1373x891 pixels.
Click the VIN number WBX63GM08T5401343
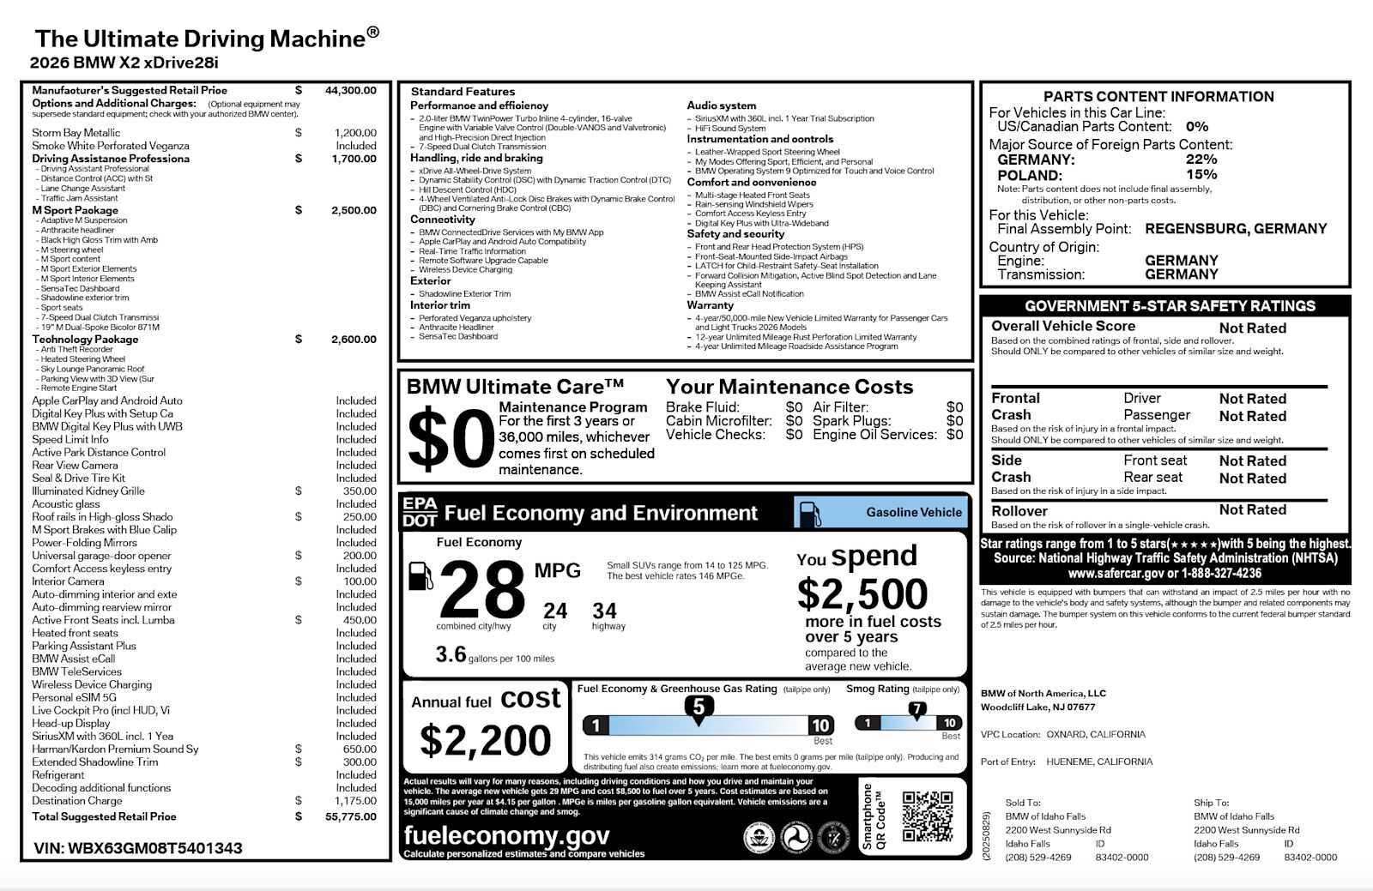[x=138, y=848]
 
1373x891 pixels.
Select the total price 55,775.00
[x=350, y=816]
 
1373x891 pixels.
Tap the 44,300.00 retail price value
[x=350, y=90]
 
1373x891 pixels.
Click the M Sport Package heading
[x=76, y=210]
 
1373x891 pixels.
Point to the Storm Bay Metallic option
[x=76, y=133]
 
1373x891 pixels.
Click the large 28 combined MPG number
[x=482, y=589]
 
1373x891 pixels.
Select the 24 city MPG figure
[x=554, y=611]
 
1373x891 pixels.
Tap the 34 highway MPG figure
[x=604, y=611]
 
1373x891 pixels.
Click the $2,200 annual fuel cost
[x=485, y=740]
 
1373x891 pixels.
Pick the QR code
[x=928, y=816]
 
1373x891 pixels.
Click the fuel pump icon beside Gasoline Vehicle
[x=809, y=513]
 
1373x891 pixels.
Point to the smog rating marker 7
[x=917, y=709]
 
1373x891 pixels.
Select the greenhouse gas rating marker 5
[x=699, y=707]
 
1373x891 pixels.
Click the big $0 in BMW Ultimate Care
[x=451, y=440]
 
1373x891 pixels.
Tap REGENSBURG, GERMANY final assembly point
[x=1236, y=229]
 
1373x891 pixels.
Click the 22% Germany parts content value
[x=1201, y=160]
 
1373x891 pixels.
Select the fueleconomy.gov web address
[x=506, y=835]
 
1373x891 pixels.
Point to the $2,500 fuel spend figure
[x=862, y=594]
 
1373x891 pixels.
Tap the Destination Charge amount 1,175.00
[x=355, y=801]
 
